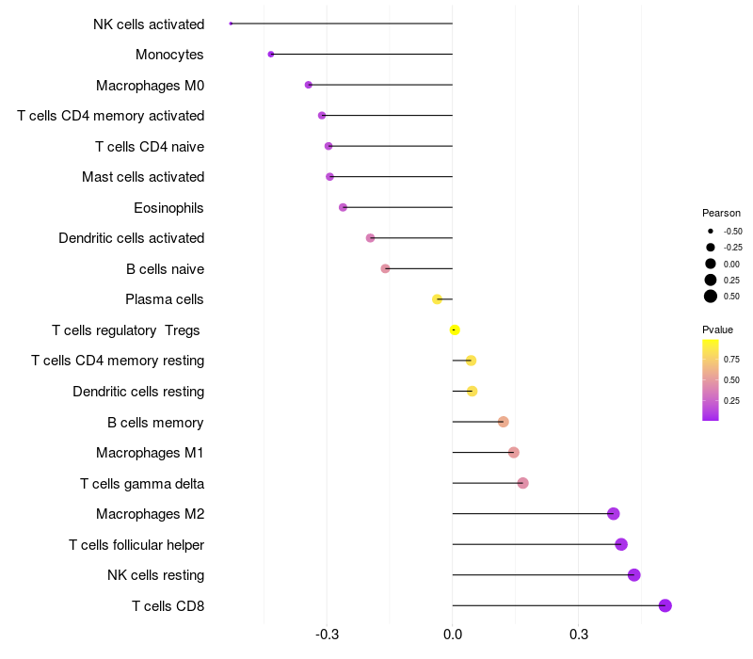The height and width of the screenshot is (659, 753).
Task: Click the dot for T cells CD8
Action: pyautogui.click(x=665, y=605)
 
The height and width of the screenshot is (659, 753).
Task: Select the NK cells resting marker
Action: pyautogui.click(x=633, y=575)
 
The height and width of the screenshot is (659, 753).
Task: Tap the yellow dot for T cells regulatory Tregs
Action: pyautogui.click(x=455, y=330)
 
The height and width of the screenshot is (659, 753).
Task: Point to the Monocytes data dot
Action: pyautogui.click(x=271, y=55)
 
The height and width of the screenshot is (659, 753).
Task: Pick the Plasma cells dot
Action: pyautogui.click(x=437, y=299)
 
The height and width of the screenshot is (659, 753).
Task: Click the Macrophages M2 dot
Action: pyautogui.click(x=614, y=513)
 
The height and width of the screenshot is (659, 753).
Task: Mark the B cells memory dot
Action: pyautogui.click(x=504, y=422)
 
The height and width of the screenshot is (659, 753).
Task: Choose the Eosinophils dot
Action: pyautogui.click(x=343, y=207)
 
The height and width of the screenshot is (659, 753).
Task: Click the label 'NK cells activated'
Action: pyautogui.click(x=149, y=24)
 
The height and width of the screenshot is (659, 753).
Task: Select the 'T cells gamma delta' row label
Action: pyautogui.click(x=142, y=484)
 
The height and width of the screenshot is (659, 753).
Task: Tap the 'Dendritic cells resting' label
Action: pyautogui.click(x=138, y=392)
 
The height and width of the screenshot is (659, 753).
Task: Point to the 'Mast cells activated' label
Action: pyautogui.click(x=143, y=177)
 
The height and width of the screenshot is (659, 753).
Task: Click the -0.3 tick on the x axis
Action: pyautogui.click(x=327, y=635)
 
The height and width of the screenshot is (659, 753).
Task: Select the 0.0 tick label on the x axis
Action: pyautogui.click(x=453, y=635)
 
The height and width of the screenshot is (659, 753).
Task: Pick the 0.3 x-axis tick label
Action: pyautogui.click(x=579, y=635)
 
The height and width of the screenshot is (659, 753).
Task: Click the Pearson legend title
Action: pyautogui.click(x=721, y=213)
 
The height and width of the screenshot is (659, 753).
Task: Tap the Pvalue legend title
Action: pyautogui.click(x=717, y=329)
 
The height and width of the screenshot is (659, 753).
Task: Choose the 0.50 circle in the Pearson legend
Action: pyautogui.click(x=711, y=297)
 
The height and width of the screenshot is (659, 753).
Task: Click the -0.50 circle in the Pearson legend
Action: pyautogui.click(x=711, y=231)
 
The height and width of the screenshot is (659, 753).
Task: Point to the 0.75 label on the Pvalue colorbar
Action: pyautogui.click(x=731, y=360)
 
